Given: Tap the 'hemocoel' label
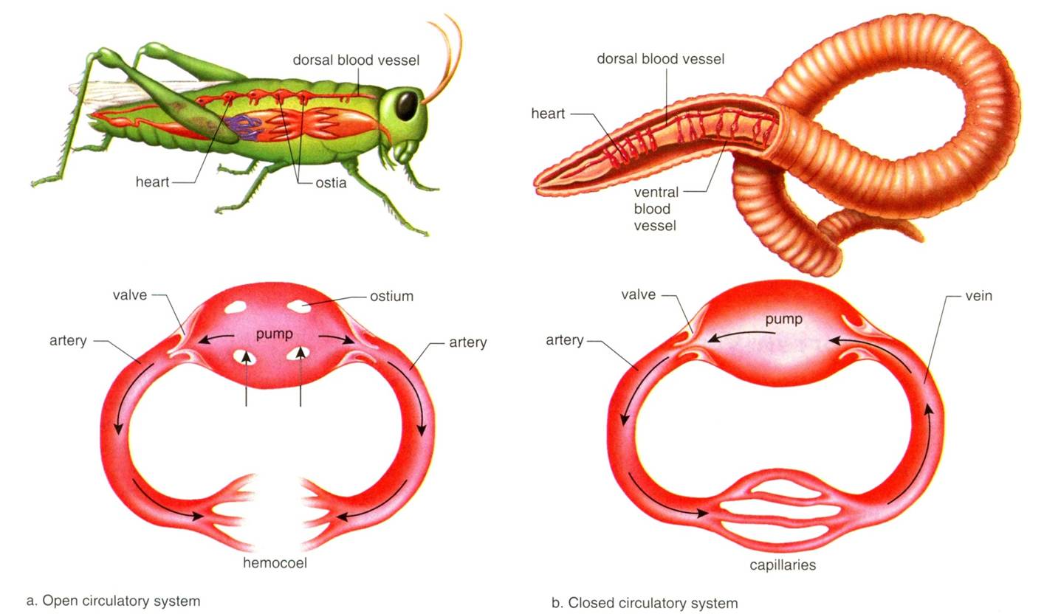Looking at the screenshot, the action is click(x=275, y=563).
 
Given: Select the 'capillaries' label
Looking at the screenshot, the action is click(x=783, y=566).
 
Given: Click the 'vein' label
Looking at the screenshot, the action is click(x=978, y=296).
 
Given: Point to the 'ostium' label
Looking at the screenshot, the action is click(x=391, y=297).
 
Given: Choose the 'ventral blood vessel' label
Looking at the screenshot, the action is click(x=656, y=209).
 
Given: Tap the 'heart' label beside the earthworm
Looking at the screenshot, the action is click(x=548, y=114).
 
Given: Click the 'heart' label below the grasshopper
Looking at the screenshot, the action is click(x=153, y=182).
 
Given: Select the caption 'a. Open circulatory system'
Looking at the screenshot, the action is click(x=113, y=601).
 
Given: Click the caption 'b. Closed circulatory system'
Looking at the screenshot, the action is click(x=645, y=603).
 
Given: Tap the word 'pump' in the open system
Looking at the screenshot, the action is click(x=274, y=334).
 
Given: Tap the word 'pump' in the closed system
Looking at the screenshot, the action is click(x=783, y=320).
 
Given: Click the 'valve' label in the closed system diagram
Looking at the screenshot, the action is click(x=638, y=294).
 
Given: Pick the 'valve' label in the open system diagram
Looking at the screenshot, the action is click(x=130, y=295).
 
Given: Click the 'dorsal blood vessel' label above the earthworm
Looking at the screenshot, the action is click(x=660, y=58).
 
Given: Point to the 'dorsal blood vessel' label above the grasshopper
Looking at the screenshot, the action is click(x=356, y=60).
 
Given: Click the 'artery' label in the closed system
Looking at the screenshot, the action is click(x=565, y=340).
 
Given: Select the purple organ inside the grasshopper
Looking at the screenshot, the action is click(x=243, y=126).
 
